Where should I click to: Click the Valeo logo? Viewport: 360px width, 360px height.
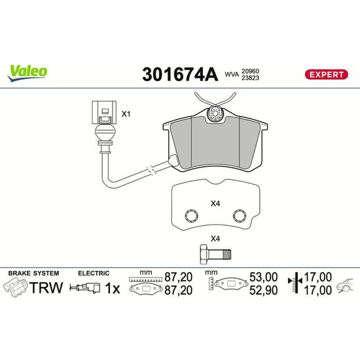point(27,73)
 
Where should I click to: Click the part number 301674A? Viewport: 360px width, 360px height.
point(180,75)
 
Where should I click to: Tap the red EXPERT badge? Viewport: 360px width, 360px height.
point(326,75)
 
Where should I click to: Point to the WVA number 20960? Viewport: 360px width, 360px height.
point(250,71)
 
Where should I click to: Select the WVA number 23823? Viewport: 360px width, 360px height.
point(250,78)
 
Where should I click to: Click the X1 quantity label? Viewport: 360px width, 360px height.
point(126,114)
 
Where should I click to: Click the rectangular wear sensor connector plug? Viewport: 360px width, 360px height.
point(104,113)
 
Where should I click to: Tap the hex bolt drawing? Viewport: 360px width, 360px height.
point(215,255)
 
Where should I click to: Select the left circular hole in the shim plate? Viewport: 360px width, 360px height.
point(192,216)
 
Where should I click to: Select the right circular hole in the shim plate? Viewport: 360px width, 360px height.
point(240,216)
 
